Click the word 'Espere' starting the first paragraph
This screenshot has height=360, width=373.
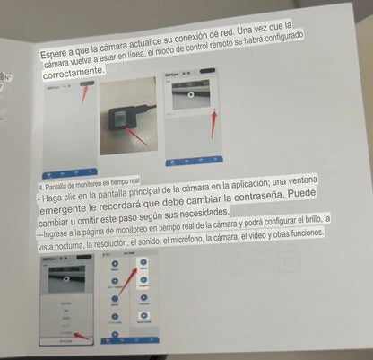(x=55, y=56)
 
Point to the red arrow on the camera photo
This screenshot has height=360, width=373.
(x=134, y=136)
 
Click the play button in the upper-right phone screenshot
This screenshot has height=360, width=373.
(x=191, y=93)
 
